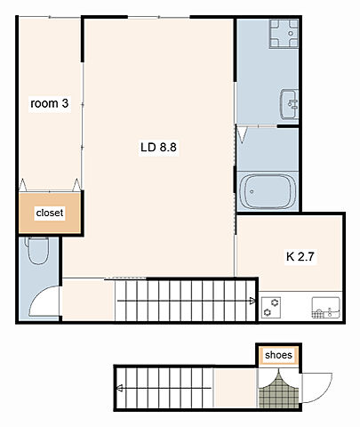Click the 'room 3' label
(50, 103)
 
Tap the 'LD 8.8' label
(158, 147)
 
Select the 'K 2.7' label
(300, 256)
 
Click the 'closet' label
(50, 213)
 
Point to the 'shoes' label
(278, 355)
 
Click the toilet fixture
(37, 250)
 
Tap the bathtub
(268, 191)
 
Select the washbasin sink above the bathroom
(289, 104)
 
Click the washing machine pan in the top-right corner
(284, 34)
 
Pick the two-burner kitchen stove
(271, 308)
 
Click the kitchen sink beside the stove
(326, 308)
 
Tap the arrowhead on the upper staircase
(252, 302)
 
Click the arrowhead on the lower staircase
(120, 388)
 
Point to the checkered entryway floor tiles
(279, 391)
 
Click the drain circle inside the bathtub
(252, 191)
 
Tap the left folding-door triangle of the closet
(23, 185)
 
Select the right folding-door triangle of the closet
(76, 185)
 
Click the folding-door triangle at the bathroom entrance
(243, 135)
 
